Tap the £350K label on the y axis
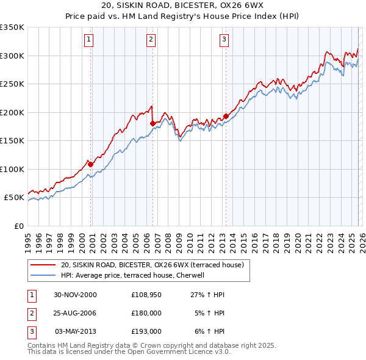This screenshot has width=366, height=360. [12, 27]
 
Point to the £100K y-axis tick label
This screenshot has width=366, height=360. [12, 169]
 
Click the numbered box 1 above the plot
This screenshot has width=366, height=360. [89, 40]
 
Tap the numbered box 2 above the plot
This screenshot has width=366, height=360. [151, 40]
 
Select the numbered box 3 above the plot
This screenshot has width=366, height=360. [224, 40]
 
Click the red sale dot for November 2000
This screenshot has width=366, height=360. [91, 164]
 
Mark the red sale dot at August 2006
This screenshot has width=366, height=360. [152, 124]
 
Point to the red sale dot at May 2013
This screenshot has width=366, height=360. [225, 116]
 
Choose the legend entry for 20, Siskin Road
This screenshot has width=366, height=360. [152, 265]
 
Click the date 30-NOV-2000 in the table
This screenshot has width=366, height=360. [75, 295]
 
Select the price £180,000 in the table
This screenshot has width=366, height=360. [146, 313]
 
